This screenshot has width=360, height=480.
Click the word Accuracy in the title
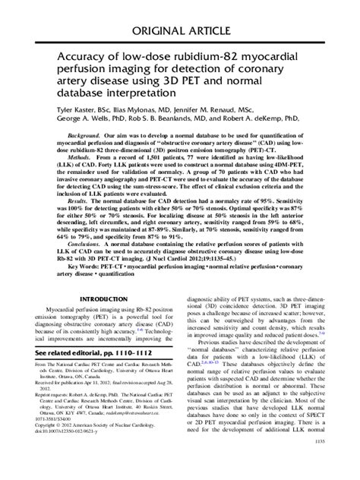point(81,59)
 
